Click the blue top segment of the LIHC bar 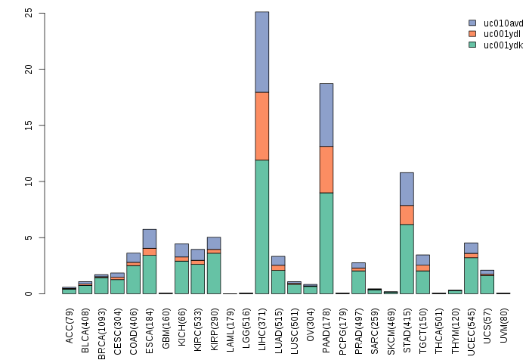coord(261,51)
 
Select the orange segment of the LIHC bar coord(261,126)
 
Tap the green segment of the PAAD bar coord(326,243)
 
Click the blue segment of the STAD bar coord(407,188)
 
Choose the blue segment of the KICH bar coord(181,250)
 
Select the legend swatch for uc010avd coord(472,23)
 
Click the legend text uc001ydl coord(503,34)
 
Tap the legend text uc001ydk coord(503,45)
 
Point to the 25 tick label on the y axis coord(29,13)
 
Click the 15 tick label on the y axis coord(29,126)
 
